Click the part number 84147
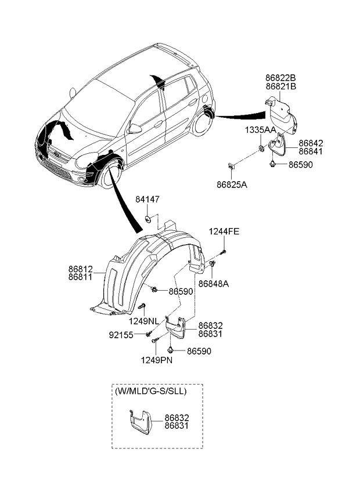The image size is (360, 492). (147, 200)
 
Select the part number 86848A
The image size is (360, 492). (213, 284)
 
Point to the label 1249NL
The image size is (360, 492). (143, 320)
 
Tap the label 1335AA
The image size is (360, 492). (260, 129)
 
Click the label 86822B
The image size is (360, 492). (280, 77)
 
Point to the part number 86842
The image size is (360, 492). (311, 143)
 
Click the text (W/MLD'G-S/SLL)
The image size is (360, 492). (150, 392)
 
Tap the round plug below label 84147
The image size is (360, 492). (148, 219)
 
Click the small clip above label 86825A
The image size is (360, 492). (231, 167)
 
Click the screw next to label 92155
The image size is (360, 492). (149, 334)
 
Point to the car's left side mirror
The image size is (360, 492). (134, 128)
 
